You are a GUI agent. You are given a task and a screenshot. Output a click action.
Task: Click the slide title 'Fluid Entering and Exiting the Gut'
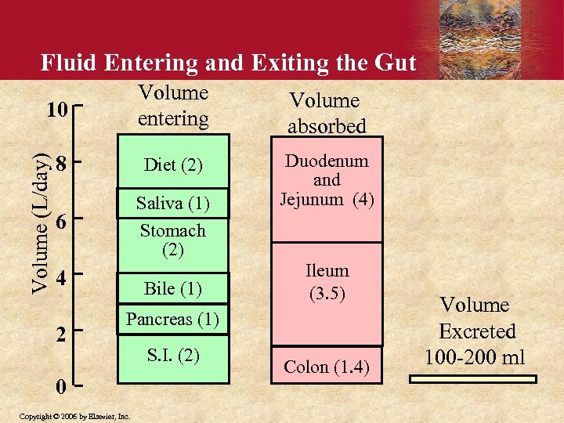point(228,63)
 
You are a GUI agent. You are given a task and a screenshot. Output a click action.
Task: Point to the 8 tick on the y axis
point(61,165)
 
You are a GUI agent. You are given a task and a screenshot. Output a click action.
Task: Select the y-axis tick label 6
point(61,222)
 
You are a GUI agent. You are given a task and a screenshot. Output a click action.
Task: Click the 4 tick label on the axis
point(61,278)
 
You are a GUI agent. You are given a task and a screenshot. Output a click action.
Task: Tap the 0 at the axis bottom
point(61,386)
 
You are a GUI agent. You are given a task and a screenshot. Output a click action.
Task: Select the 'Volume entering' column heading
point(173,106)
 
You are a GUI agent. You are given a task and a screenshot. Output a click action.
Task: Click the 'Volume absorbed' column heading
point(324,113)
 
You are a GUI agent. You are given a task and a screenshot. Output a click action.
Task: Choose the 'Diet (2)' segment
point(173,165)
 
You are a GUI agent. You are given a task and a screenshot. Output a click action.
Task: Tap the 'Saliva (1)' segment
point(173,203)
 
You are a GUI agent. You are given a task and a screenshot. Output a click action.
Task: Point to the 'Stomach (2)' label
point(173,240)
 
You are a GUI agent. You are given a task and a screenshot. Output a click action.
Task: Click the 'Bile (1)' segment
point(173,288)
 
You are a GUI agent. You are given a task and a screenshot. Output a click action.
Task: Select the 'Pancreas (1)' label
point(173,320)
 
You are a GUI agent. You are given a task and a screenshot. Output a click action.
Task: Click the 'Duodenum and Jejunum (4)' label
point(327,180)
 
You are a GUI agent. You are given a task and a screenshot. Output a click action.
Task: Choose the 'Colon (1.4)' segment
point(327,367)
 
